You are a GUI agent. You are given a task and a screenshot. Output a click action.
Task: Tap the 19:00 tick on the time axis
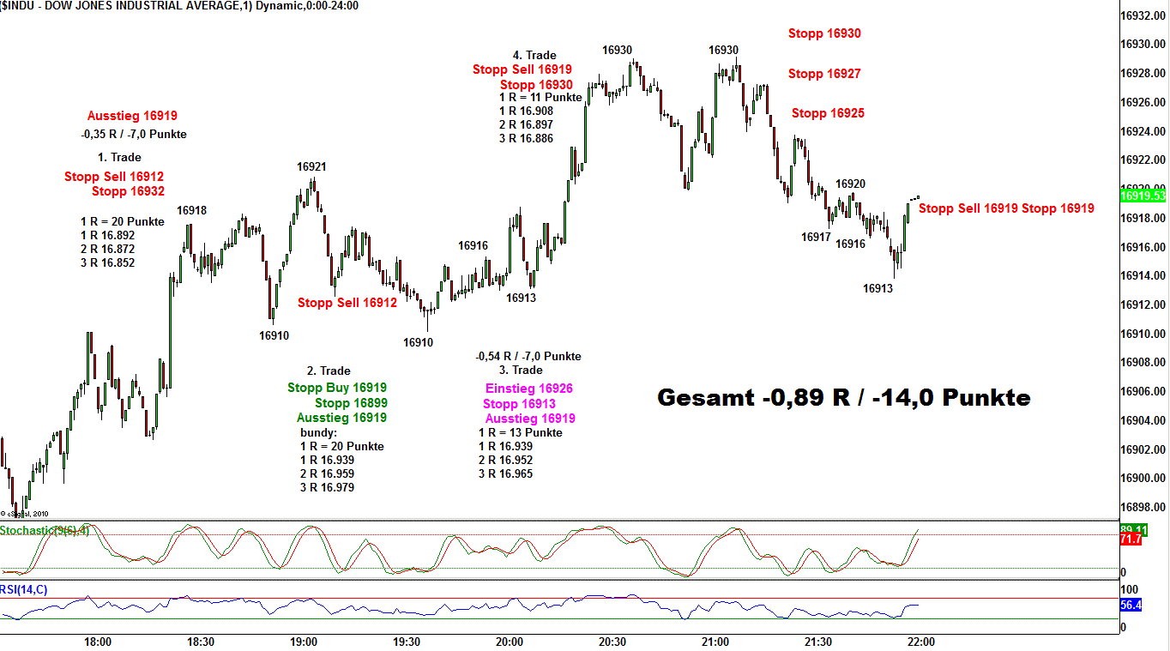click(304, 642)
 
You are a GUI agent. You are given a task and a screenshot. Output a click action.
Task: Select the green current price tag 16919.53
click(1143, 196)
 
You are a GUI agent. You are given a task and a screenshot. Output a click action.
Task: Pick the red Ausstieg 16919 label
click(132, 116)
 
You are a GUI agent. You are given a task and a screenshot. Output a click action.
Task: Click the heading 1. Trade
click(119, 158)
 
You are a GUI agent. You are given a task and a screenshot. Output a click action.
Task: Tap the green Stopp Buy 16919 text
click(337, 388)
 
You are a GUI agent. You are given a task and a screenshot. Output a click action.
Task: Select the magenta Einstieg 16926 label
click(528, 389)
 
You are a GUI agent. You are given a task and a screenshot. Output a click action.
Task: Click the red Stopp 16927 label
click(824, 74)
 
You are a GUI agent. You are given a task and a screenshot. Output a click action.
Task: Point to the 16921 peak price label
click(311, 166)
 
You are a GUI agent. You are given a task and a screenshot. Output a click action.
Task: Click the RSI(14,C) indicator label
click(24, 588)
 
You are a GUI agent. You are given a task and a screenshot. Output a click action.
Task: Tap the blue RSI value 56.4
click(1131, 606)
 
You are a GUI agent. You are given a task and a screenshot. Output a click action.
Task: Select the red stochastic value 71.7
click(1131, 539)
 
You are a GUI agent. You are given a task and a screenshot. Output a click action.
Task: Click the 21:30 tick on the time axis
click(818, 642)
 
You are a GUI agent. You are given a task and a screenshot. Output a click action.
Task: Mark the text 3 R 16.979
click(327, 487)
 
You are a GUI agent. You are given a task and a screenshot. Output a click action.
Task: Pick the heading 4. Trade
click(534, 56)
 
